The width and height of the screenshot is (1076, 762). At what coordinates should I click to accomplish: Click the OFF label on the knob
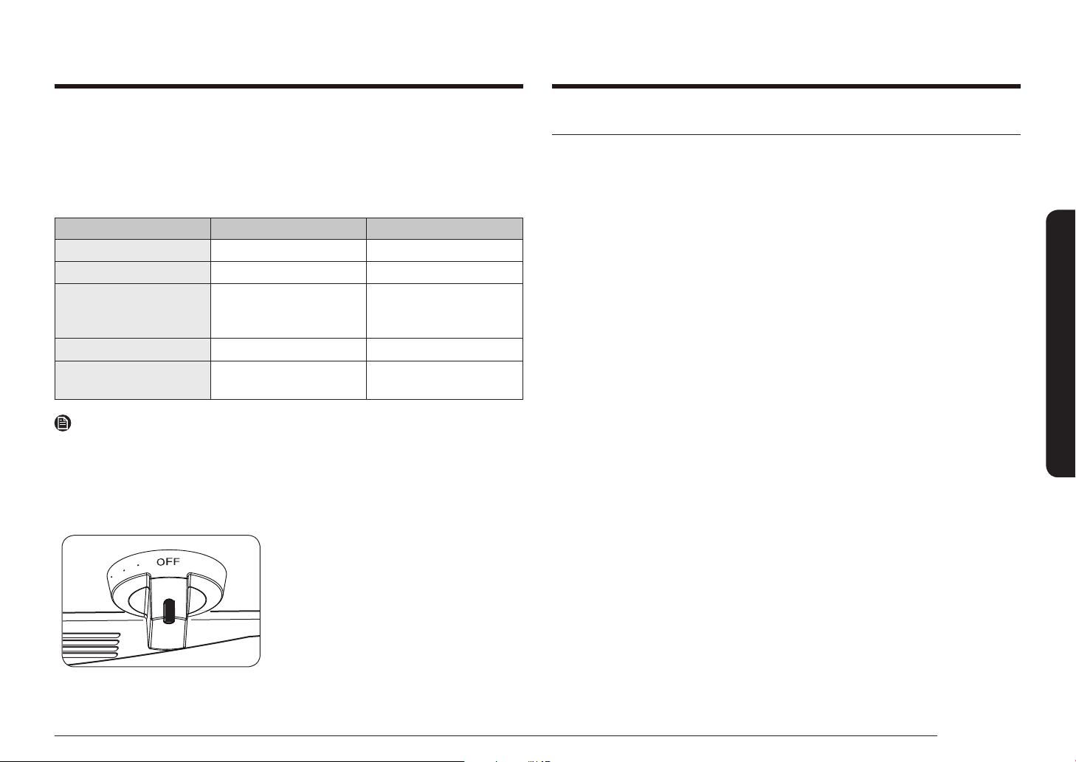tap(168, 561)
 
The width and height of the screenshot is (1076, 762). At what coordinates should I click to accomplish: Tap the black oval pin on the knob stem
tap(168, 611)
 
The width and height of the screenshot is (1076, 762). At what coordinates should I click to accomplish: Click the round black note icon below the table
tap(63, 423)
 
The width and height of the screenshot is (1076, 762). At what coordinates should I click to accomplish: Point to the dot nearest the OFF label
tap(138, 565)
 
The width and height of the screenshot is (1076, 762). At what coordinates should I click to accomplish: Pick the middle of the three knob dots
tap(124, 570)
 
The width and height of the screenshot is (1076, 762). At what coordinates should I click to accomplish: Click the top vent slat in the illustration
tap(92, 635)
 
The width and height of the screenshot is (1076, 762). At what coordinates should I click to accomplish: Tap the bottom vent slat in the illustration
tap(90, 655)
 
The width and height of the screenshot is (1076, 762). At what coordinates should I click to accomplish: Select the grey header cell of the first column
tap(133, 229)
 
